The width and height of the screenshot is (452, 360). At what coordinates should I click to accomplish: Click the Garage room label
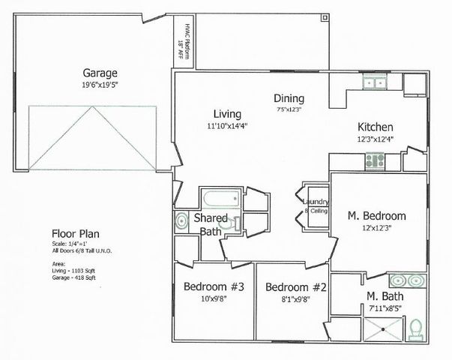point(100,73)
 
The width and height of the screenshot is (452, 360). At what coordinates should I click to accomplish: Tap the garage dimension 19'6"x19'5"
point(100,85)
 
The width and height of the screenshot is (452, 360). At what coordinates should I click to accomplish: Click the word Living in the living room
point(227,114)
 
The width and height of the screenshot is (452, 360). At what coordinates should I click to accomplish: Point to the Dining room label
point(289,97)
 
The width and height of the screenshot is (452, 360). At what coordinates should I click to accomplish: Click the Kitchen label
point(375,127)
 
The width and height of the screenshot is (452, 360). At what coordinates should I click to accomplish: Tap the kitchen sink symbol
point(373,82)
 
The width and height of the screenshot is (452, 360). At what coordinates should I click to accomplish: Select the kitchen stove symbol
point(374,159)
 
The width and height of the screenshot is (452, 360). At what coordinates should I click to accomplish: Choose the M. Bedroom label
point(377,216)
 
